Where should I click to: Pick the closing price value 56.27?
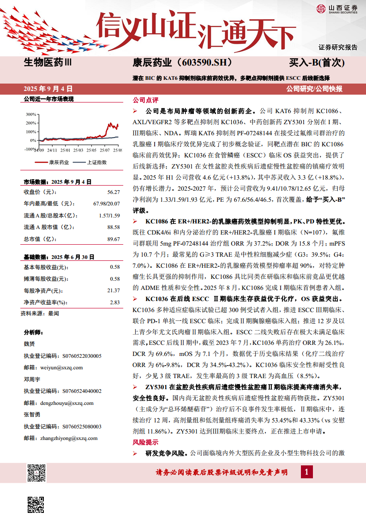(113, 192)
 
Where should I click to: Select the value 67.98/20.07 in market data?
(106, 203)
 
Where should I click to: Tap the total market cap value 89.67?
(113, 239)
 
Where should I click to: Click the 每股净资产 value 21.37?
(113, 290)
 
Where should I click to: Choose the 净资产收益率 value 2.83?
(114, 302)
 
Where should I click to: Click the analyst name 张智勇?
(32, 415)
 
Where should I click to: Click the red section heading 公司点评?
(145, 100)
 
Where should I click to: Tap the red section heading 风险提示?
(145, 442)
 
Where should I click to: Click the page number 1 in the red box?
(306, 471)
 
